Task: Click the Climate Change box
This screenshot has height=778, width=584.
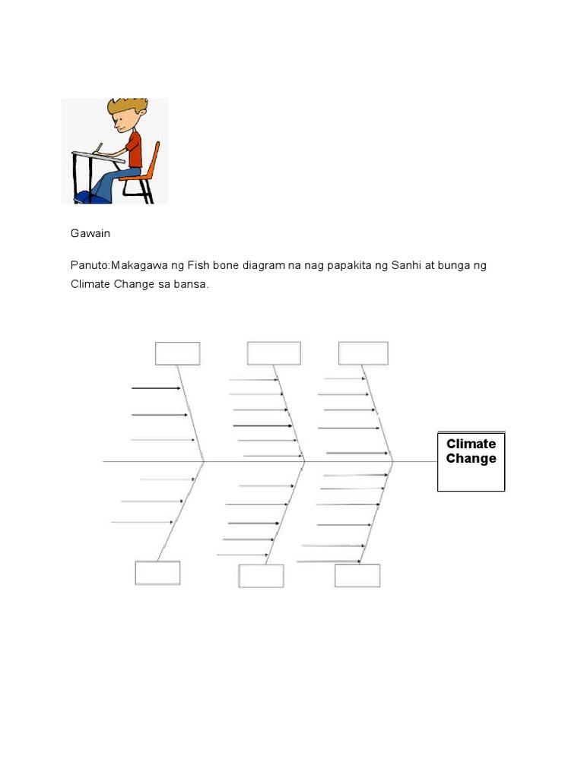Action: click(x=471, y=462)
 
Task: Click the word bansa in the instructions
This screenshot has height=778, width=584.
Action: click(x=190, y=284)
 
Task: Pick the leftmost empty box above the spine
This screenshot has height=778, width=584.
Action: click(x=178, y=353)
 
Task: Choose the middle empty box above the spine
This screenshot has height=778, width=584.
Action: click(x=274, y=353)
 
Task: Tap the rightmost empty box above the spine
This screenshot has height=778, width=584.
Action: click(x=363, y=353)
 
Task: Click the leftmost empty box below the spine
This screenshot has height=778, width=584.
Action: click(x=158, y=572)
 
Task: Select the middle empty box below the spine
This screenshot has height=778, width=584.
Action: click(x=261, y=576)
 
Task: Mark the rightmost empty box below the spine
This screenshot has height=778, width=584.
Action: click(x=357, y=575)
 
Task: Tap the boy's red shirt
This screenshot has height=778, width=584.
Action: click(x=135, y=148)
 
